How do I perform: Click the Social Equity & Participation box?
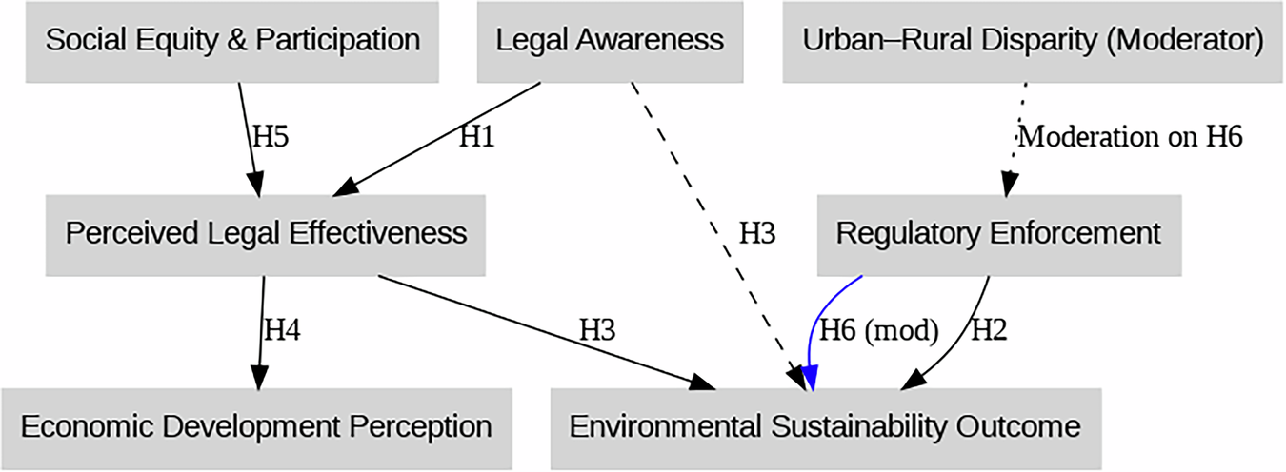(x=232, y=41)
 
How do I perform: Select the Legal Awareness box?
(x=610, y=41)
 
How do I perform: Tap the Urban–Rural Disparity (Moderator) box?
(x=1033, y=41)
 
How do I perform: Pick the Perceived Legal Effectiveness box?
(x=266, y=233)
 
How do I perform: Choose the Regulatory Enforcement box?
(x=998, y=233)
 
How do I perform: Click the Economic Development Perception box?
(x=255, y=426)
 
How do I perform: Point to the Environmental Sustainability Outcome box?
(x=825, y=426)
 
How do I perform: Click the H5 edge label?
(x=270, y=136)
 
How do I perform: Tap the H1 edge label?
(x=476, y=136)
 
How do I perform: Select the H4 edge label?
(x=282, y=330)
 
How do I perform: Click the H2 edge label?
(x=988, y=330)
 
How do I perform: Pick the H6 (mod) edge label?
(x=879, y=330)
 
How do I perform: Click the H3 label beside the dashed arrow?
(x=757, y=234)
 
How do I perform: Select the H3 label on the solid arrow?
(x=597, y=330)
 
